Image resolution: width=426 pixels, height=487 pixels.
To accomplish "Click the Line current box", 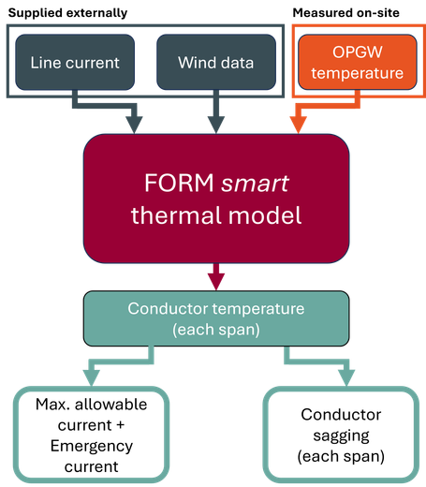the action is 75,62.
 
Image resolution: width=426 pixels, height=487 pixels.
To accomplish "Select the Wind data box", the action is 216,62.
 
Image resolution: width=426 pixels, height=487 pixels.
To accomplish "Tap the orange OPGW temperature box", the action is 358,62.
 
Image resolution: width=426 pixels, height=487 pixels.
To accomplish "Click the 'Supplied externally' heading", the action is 67,13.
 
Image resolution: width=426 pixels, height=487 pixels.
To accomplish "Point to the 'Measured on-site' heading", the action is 346,13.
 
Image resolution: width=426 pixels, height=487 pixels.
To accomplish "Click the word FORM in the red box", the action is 179,183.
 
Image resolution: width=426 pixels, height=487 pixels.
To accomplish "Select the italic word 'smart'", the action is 255,184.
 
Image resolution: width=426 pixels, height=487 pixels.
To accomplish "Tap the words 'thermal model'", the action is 216,215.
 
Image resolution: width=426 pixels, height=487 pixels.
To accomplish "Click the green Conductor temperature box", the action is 216,318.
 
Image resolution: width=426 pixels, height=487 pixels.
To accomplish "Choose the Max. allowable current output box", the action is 92,435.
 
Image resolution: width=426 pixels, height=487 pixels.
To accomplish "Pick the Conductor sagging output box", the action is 341,435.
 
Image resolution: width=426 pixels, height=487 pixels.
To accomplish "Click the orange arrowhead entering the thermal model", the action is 299,125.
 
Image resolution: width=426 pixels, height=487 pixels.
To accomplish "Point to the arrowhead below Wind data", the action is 216,125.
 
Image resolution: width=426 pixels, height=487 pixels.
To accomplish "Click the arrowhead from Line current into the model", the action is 134,125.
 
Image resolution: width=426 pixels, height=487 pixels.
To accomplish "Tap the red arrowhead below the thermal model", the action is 216,282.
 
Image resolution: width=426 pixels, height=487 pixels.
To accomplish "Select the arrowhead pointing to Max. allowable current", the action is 92,378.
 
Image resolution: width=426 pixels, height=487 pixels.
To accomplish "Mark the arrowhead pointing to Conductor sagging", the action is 346,378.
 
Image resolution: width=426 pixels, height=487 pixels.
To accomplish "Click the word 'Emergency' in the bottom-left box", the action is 92,446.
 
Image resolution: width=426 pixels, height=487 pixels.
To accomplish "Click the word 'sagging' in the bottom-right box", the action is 341,436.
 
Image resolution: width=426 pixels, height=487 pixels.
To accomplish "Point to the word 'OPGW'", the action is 358,52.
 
